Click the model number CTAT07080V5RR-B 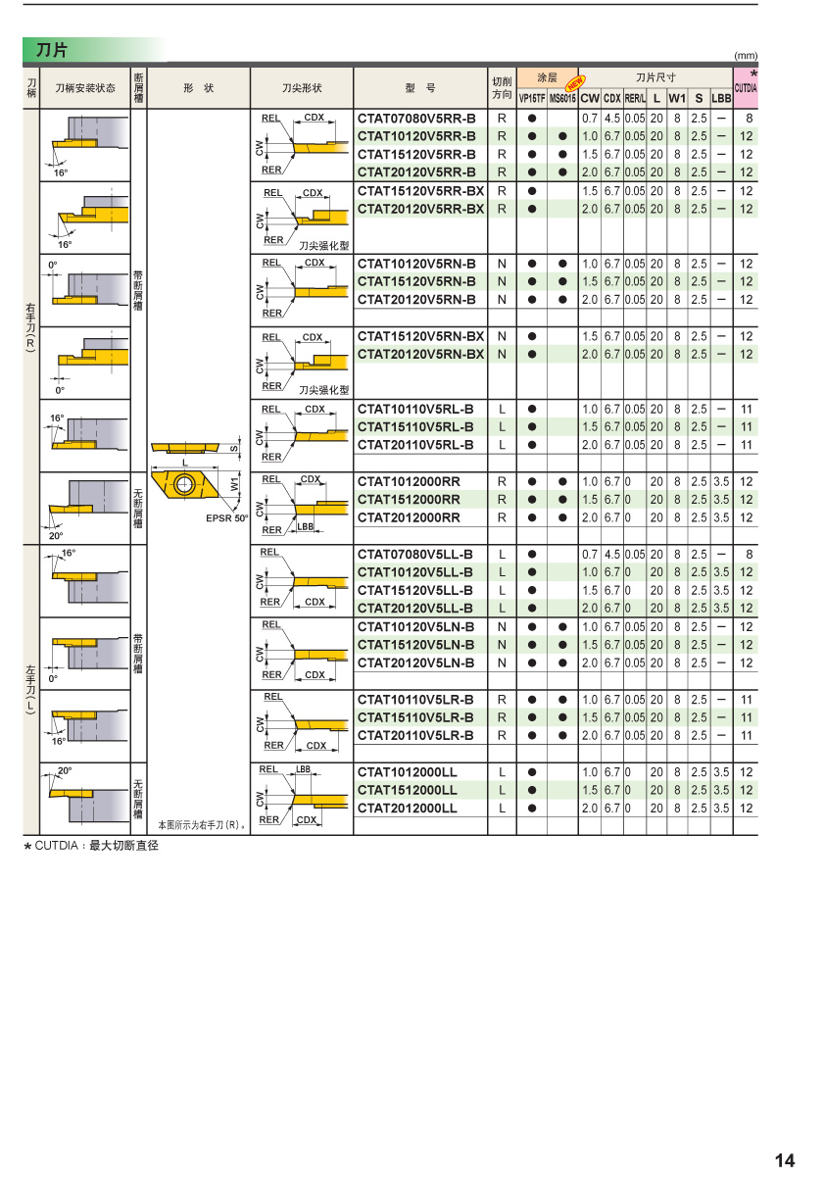coord(416,118)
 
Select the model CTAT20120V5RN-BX coord(420,354)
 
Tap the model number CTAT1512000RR coord(409,500)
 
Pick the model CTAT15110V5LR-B coord(415,717)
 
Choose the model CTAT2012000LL coord(407,809)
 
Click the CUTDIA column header coord(746,88)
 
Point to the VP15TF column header coord(532,98)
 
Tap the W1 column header coord(677,98)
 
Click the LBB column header coord(721,98)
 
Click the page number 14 coord(785,1161)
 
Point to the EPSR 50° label coord(226,518)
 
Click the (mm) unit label coord(746,56)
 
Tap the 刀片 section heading coord(52,49)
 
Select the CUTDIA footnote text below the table coord(91,845)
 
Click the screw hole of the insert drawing coord(182,485)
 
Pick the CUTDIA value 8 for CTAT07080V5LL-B coord(748,555)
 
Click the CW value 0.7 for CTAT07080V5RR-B coord(590,118)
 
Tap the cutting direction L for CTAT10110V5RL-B coord(502,409)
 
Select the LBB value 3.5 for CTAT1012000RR coord(721,481)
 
